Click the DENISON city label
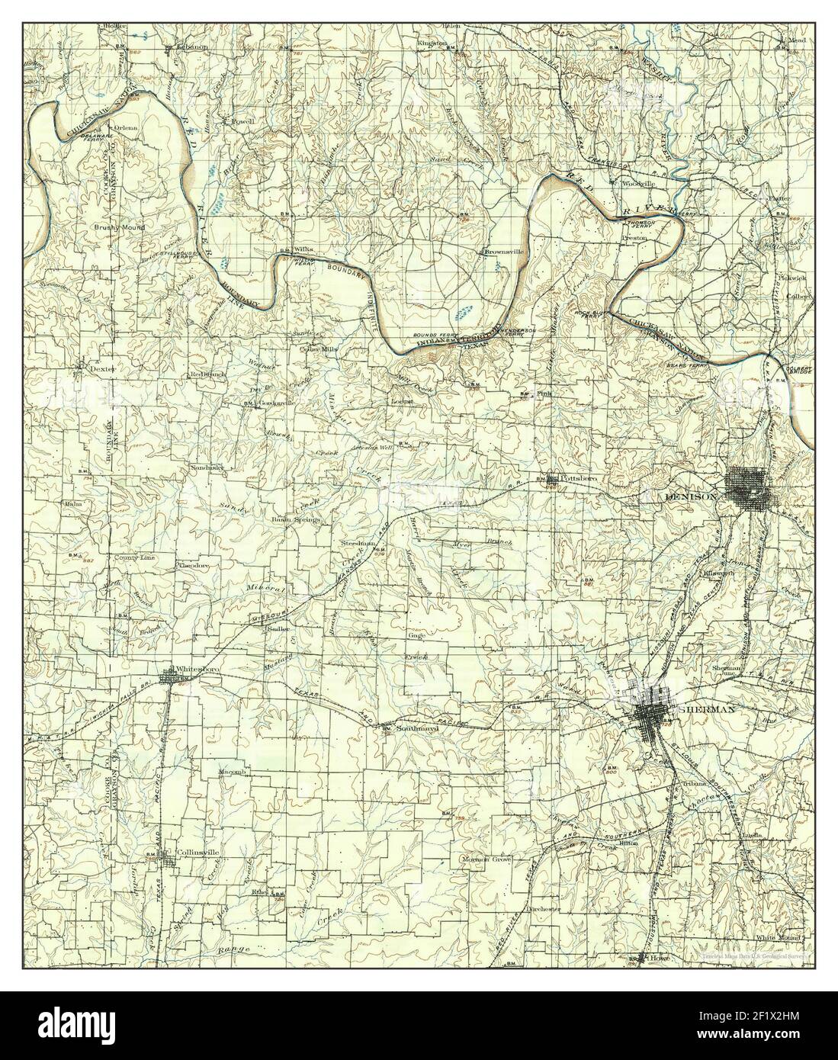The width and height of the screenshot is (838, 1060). (x=692, y=496)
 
